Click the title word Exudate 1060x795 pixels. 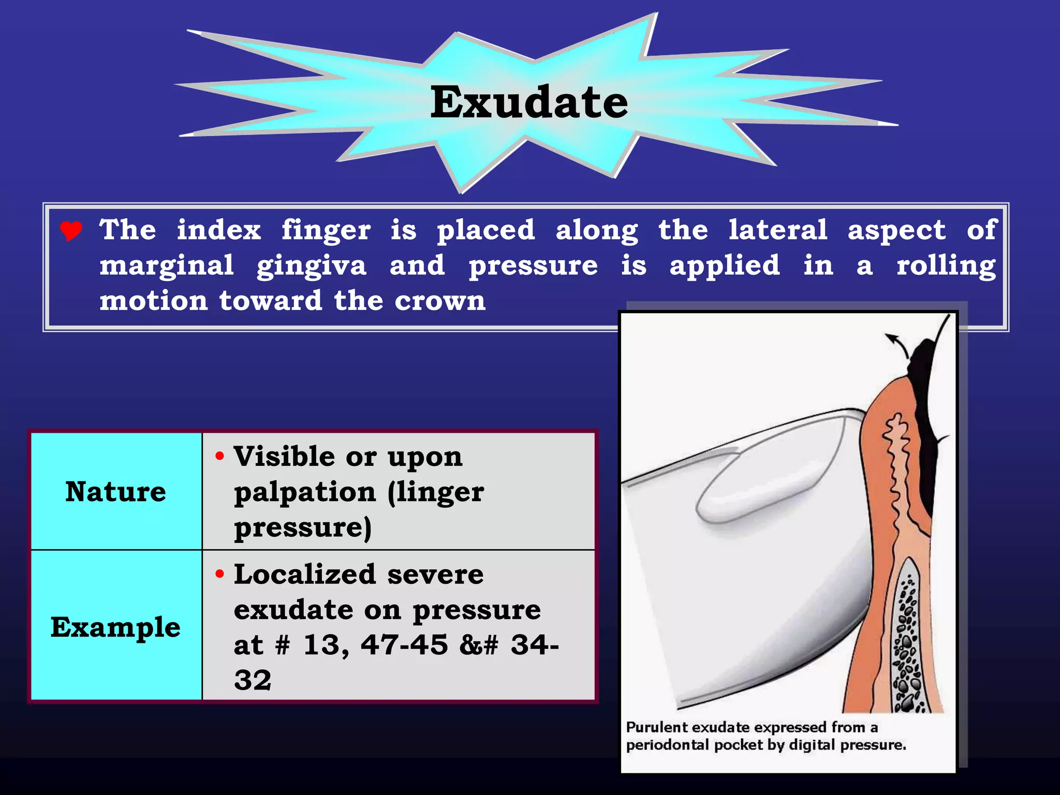coord(529,102)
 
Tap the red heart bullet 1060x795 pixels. coord(71,231)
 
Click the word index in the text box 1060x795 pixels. coord(219,230)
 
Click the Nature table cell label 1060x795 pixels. coord(115,491)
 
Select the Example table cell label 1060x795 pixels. coord(115,627)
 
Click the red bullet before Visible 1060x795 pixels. coord(220,456)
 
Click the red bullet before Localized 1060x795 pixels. coord(220,573)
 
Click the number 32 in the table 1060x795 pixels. coord(253,680)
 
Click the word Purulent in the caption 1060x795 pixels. coord(657,727)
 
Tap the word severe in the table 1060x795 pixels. coord(435,575)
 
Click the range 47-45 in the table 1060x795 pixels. coord(404,645)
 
